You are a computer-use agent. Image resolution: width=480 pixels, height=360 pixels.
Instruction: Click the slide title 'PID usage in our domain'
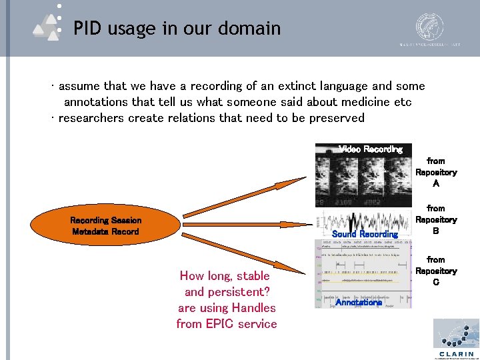[x=177, y=29]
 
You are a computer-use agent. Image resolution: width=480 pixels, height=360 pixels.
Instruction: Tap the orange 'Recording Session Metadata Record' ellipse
[x=105, y=226]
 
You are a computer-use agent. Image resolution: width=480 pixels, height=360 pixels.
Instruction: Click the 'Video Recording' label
[x=371, y=149]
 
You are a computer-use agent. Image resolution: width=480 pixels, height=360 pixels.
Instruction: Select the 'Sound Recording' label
[x=365, y=234]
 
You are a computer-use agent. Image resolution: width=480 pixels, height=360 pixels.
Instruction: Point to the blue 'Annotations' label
[x=359, y=302]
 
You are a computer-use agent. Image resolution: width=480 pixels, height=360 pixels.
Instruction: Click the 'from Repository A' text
[x=435, y=172]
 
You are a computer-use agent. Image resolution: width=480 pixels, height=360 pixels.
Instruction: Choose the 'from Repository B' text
[x=435, y=219]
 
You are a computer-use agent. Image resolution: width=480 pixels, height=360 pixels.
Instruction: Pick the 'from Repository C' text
[x=435, y=271]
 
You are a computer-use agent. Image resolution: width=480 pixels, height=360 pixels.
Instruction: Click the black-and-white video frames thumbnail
[x=363, y=180]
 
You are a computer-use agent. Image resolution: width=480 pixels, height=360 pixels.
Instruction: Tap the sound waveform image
[x=364, y=220]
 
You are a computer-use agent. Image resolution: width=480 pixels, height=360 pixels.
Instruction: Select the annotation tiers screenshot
[x=364, y=273]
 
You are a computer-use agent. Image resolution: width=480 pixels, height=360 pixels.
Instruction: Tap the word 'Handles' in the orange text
[x=253, y=308]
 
